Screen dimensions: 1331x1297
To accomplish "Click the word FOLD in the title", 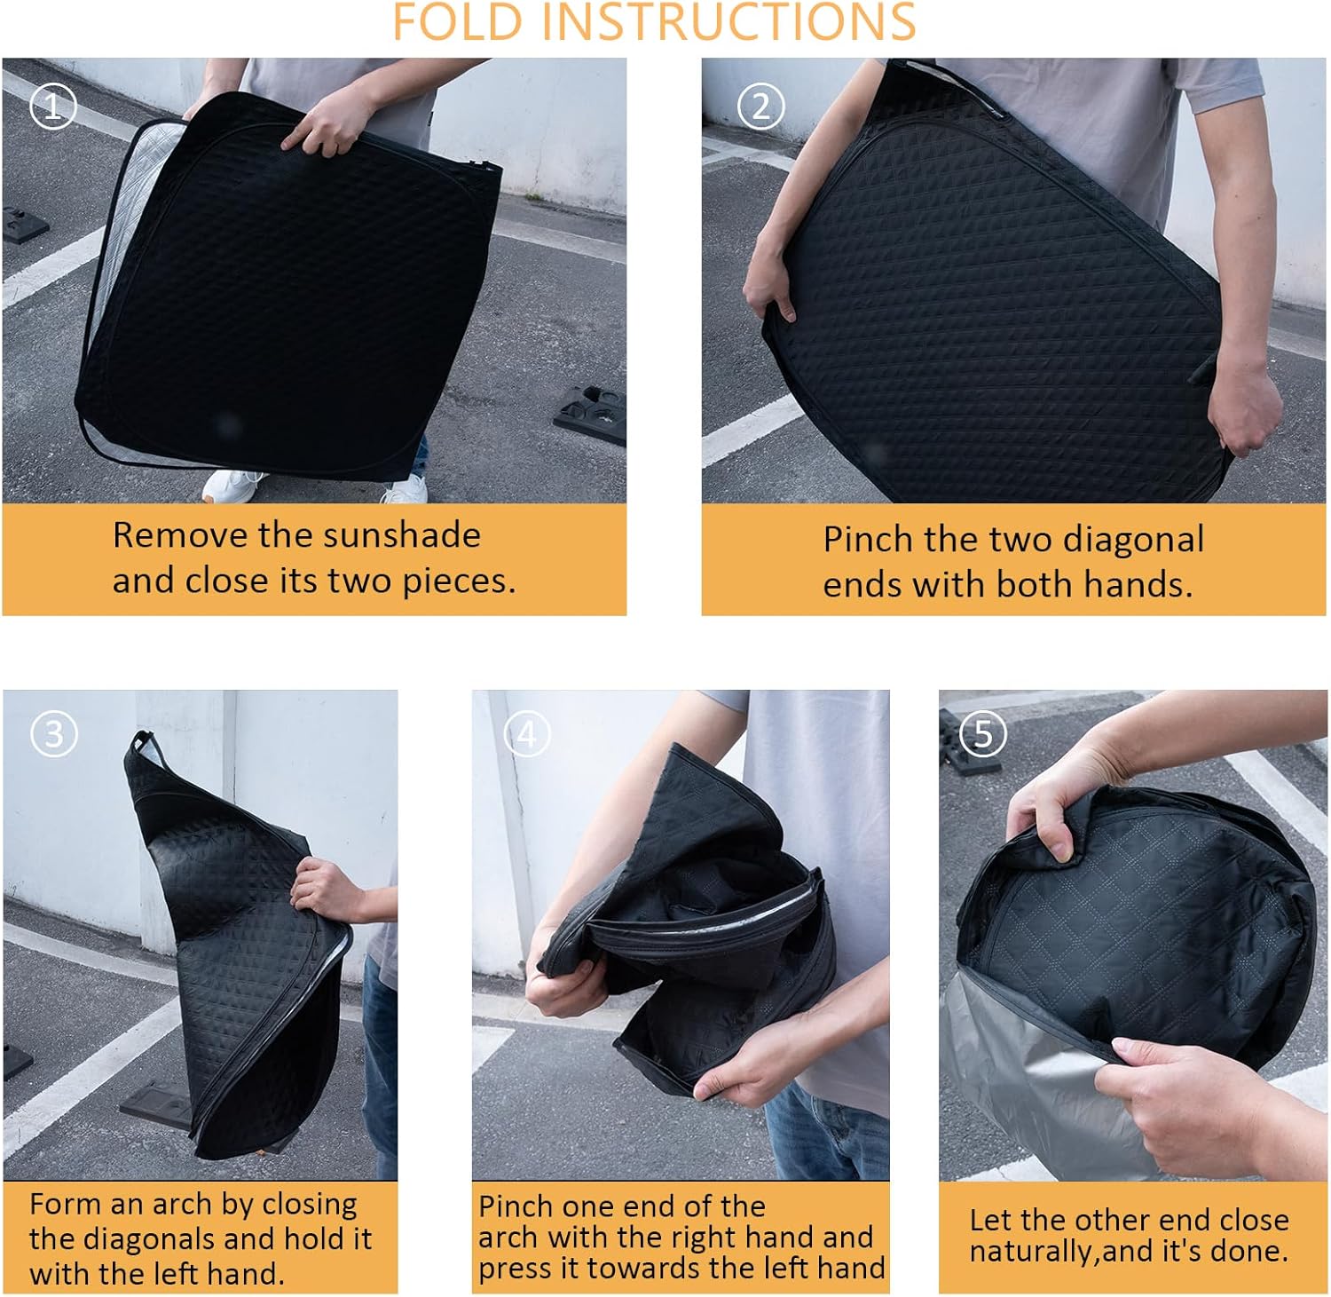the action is click(x=457, y=21).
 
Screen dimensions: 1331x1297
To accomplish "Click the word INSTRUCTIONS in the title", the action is click(x=729, y=21).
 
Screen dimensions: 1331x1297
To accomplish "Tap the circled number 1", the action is click(x=53, y=107).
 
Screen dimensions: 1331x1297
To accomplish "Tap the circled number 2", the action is click(x=760, y=107).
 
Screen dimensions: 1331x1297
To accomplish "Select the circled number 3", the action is click(x=54, y=734).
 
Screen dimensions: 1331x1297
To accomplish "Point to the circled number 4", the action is click(x=527, y=734).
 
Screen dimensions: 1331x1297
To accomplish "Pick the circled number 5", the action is click(x=983, y=733).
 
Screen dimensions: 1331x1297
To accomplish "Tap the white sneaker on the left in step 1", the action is click(x=232, y=486).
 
